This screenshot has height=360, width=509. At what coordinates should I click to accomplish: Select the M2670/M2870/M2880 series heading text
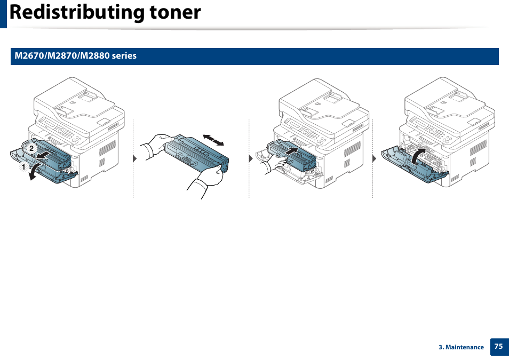[x=76, y=56]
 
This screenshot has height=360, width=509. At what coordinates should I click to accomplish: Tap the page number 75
[x=498, y=346]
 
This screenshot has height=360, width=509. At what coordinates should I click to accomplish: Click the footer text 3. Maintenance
[x=461, y=347]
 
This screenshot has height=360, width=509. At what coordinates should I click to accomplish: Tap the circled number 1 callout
[x=22, y=167]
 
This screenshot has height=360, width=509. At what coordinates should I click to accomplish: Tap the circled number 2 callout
[x=31, y=149]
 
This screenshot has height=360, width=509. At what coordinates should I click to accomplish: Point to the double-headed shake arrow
[x=214, y=140]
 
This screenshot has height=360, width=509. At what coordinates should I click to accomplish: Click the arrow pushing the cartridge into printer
[x=290, y=151]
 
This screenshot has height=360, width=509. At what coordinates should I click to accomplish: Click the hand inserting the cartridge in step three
[x=274, y=165]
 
